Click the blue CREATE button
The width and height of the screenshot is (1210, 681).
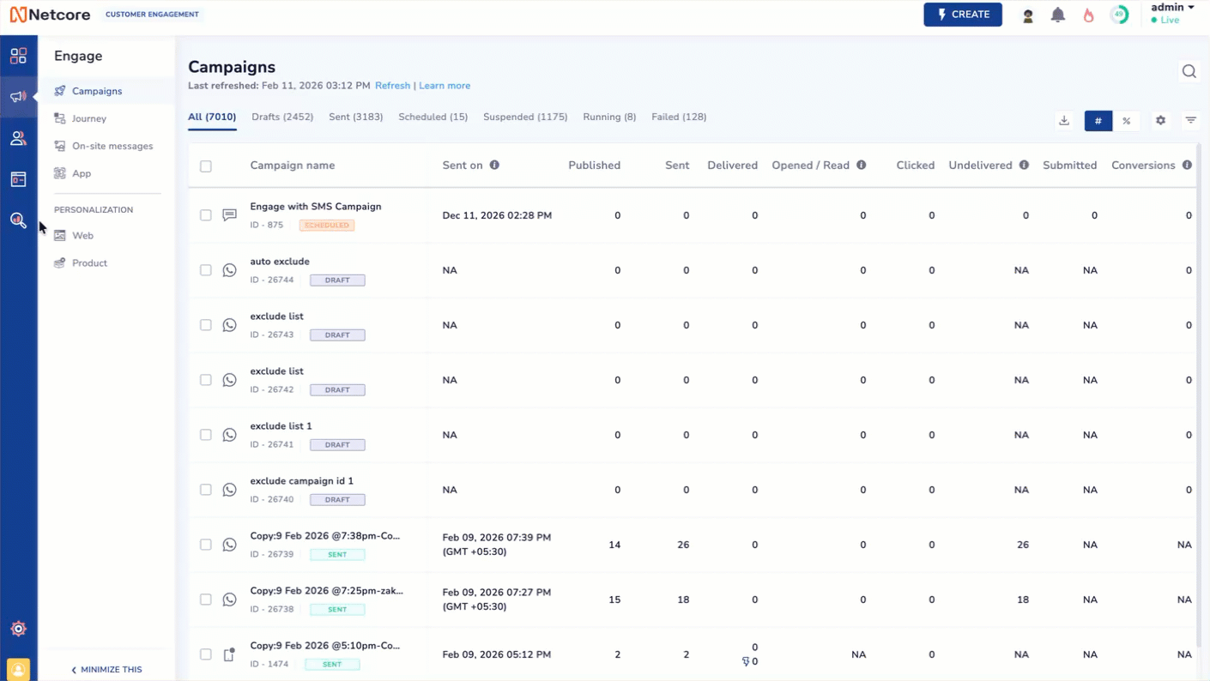(x=962, y=15)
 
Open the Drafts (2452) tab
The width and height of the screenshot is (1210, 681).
(x=282, y=117)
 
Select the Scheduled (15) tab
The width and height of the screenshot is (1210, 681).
(x=433, y=117)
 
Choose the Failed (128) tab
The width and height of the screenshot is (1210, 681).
(x=679, y=117)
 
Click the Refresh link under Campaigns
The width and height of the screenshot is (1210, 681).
(x=392, y=86)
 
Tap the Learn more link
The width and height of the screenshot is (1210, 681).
(x=445, y=86)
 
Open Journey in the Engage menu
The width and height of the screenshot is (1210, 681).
(x=88, y=118)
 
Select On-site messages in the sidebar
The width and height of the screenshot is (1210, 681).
(x=112, y=146)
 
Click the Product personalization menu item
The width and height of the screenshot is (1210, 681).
(x=89, y=263)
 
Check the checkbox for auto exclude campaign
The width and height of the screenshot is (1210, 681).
(x=206, y=270)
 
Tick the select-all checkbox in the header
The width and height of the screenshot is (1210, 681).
(x=206, y=166)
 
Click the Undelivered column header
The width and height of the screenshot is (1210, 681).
(x=980, y=166)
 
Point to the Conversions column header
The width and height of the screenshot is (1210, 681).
(x=1142, y=166)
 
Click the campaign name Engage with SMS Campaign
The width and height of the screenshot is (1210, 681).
(x=315, y=207)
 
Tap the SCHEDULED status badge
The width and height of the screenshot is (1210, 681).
(x=327, y=226)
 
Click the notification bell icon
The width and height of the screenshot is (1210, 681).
(x=1057, y=15)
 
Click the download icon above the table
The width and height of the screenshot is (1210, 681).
(x=1064, y=121)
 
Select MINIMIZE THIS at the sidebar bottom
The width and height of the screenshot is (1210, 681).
(x=106, y=670)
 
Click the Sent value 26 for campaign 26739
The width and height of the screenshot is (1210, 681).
(x=683, y=545)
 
